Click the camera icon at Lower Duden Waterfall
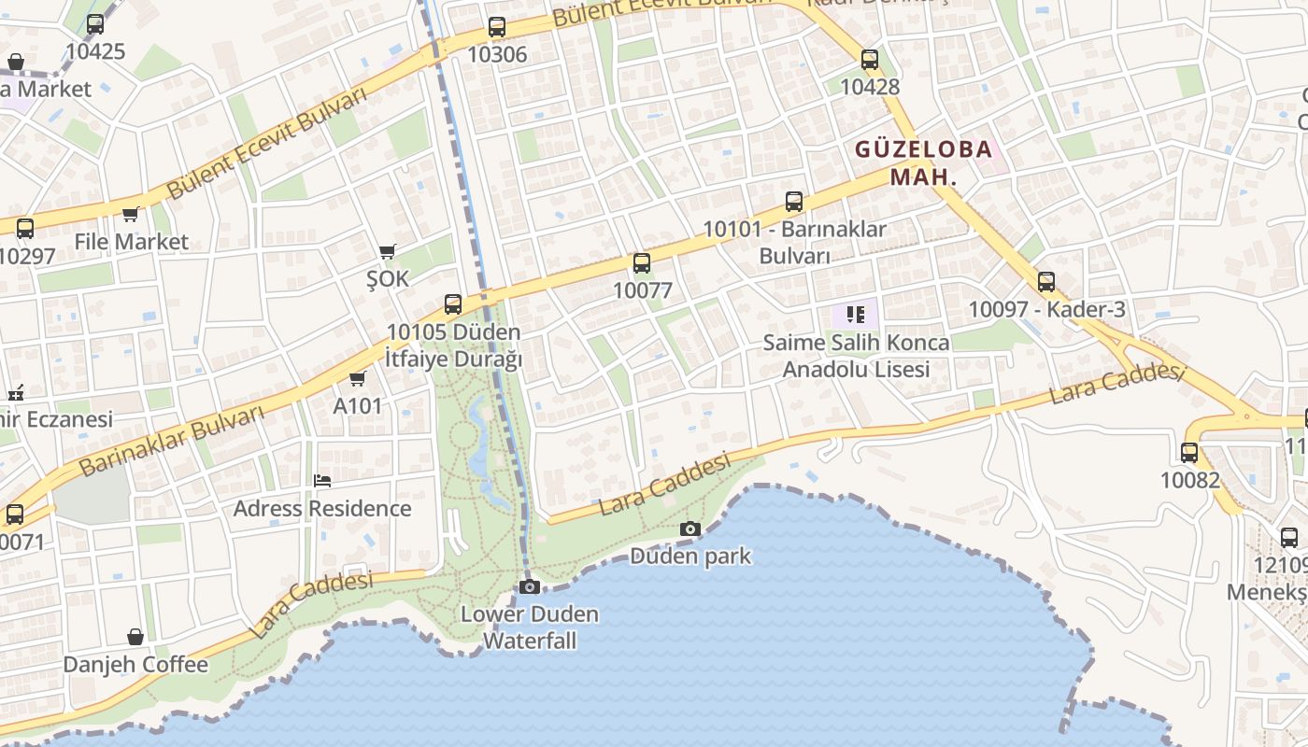530,586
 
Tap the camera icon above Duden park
690,529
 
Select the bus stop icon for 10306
497,27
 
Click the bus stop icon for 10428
870,60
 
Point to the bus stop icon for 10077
642,263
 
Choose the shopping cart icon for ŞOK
388,251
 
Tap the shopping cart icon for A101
357,378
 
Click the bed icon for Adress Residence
322,481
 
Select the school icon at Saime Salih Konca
855,315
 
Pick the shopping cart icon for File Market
131,215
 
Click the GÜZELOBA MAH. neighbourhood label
923,162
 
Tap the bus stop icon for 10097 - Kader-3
1046,281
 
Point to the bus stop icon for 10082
1189,453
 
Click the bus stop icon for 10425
95,24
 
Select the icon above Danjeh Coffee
135,637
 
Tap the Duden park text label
690,557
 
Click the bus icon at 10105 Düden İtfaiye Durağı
453,303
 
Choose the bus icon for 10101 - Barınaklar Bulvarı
794,201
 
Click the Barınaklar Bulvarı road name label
173,441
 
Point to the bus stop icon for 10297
25,228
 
